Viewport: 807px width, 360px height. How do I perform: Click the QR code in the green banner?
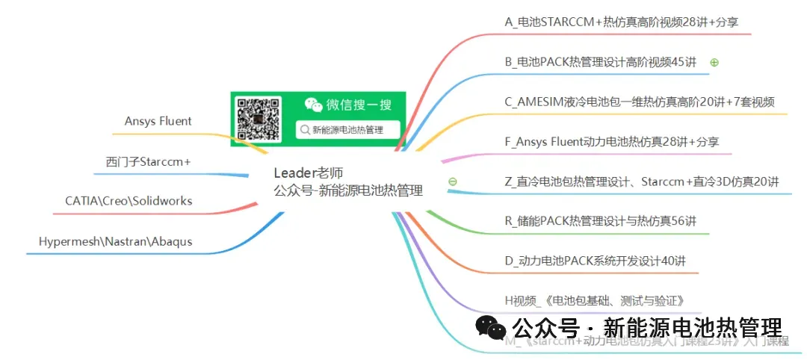[x=259, y=118]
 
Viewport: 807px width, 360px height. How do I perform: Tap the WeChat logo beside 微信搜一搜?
[x=313, y=105]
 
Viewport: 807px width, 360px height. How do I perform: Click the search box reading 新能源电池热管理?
[x=348, y=129]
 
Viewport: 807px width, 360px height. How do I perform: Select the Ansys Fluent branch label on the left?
[x=158, y=121]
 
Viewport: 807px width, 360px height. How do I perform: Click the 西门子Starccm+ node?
[x=148, y=161]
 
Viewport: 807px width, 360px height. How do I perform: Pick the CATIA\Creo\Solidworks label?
[x=129, y=201]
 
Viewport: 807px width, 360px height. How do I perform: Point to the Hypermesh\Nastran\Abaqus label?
[x=115, y=241]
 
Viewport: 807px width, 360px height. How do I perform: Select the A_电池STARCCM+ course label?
[x=622, y=22]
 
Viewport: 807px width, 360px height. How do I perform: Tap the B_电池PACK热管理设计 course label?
[x=600, y=62]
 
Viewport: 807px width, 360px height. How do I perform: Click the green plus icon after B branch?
[x=714, y=63]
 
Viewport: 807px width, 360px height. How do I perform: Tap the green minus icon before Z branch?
[x=452, y=181]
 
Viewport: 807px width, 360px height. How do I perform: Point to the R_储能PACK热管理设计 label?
[x=601, y=220]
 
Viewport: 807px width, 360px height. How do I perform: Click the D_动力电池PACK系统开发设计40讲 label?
[x=595, y=261]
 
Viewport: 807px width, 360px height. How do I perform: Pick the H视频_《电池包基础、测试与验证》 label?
[x=594, y=301]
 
